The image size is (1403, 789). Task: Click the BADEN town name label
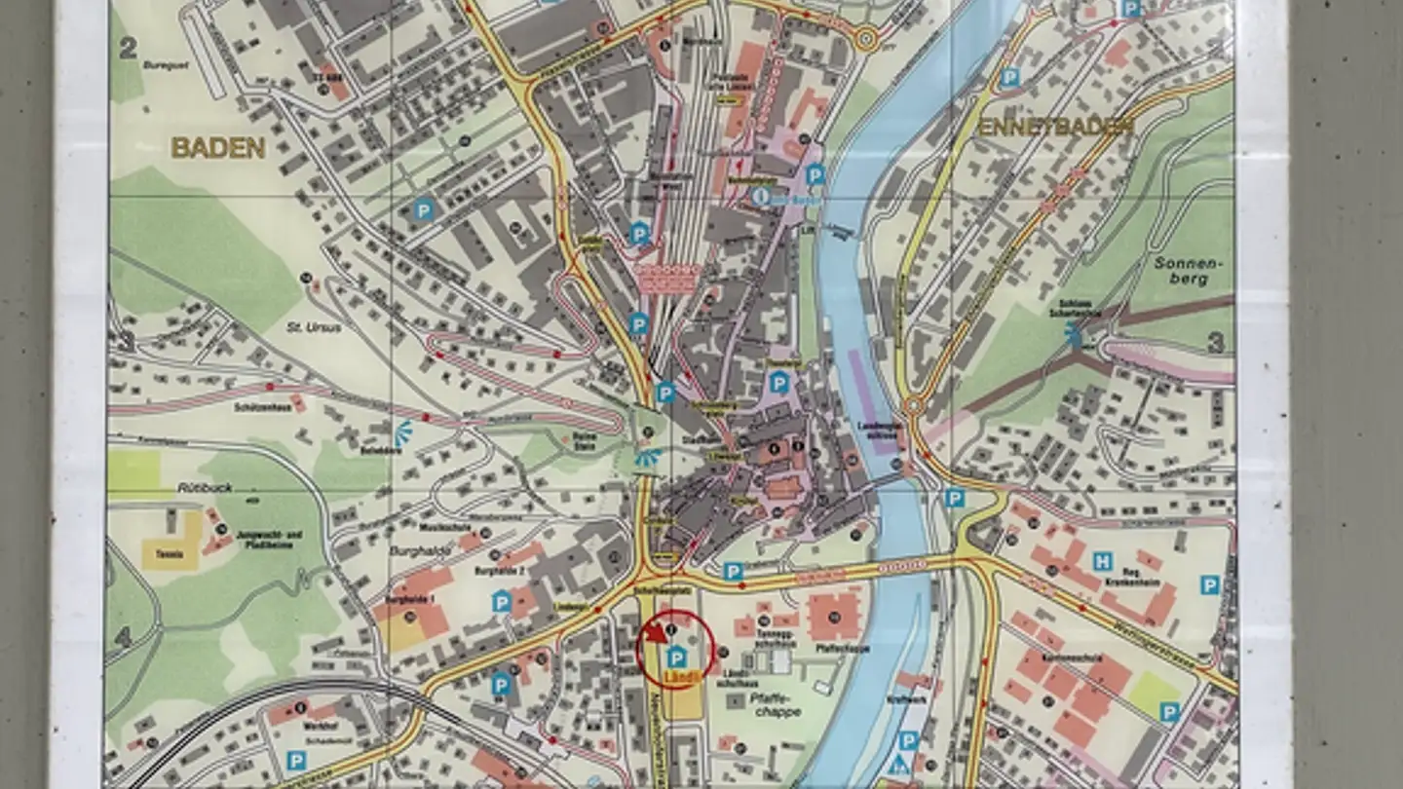(x=218, y=148)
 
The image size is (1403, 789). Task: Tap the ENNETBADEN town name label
(x=1055, y=127)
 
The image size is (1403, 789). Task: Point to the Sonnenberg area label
(x=1180, y=271)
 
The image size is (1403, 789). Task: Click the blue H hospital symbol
(x=1102, y=561)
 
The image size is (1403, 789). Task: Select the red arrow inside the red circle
(x=657, y=633)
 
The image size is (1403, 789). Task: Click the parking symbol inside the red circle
(x=676, y=657)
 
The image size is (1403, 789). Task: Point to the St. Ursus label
(x=314, y=327)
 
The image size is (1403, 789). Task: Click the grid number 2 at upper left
(x=128, y=50)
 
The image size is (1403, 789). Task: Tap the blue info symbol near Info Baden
(x=761, y=197)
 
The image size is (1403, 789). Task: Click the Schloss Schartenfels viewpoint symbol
(x=1074, y=336)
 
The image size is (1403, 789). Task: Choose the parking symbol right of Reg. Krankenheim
(x=1209, y=584)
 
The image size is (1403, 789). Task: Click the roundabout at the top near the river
(x=865, y=39)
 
